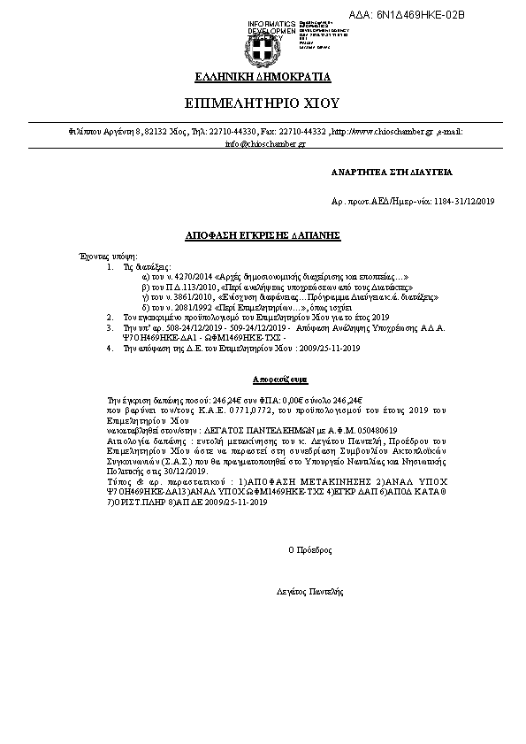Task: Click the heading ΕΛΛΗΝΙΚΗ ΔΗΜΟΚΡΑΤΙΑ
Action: [263, 77]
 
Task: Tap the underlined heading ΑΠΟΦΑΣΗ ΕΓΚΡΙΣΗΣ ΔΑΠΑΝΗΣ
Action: [262, 237]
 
